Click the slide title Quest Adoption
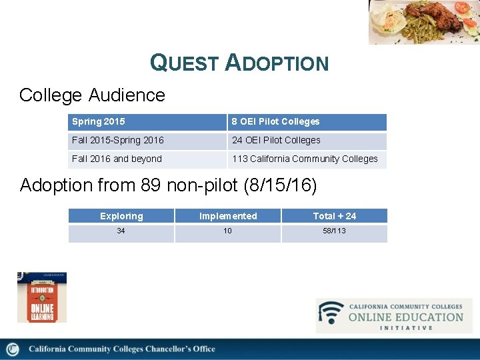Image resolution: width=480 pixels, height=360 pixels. (239, 63)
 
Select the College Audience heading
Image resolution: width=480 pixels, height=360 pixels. (92, 95)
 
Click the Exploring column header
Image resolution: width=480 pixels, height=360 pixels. (121, 216)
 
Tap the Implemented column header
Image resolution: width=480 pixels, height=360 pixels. (228, 216)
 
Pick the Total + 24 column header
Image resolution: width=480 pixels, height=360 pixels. (335, 216)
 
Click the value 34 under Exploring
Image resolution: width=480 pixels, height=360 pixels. (121, 231)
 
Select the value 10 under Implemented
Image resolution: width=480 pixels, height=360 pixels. (228, 231)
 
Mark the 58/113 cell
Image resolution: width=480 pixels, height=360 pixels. (335, 231)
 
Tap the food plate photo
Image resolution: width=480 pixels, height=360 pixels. (424, 21)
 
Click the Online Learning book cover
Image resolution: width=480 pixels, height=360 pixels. (41, 297)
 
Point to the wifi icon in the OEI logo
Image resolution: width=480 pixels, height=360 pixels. (331, 313)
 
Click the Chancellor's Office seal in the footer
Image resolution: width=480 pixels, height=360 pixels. (13, 349)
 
